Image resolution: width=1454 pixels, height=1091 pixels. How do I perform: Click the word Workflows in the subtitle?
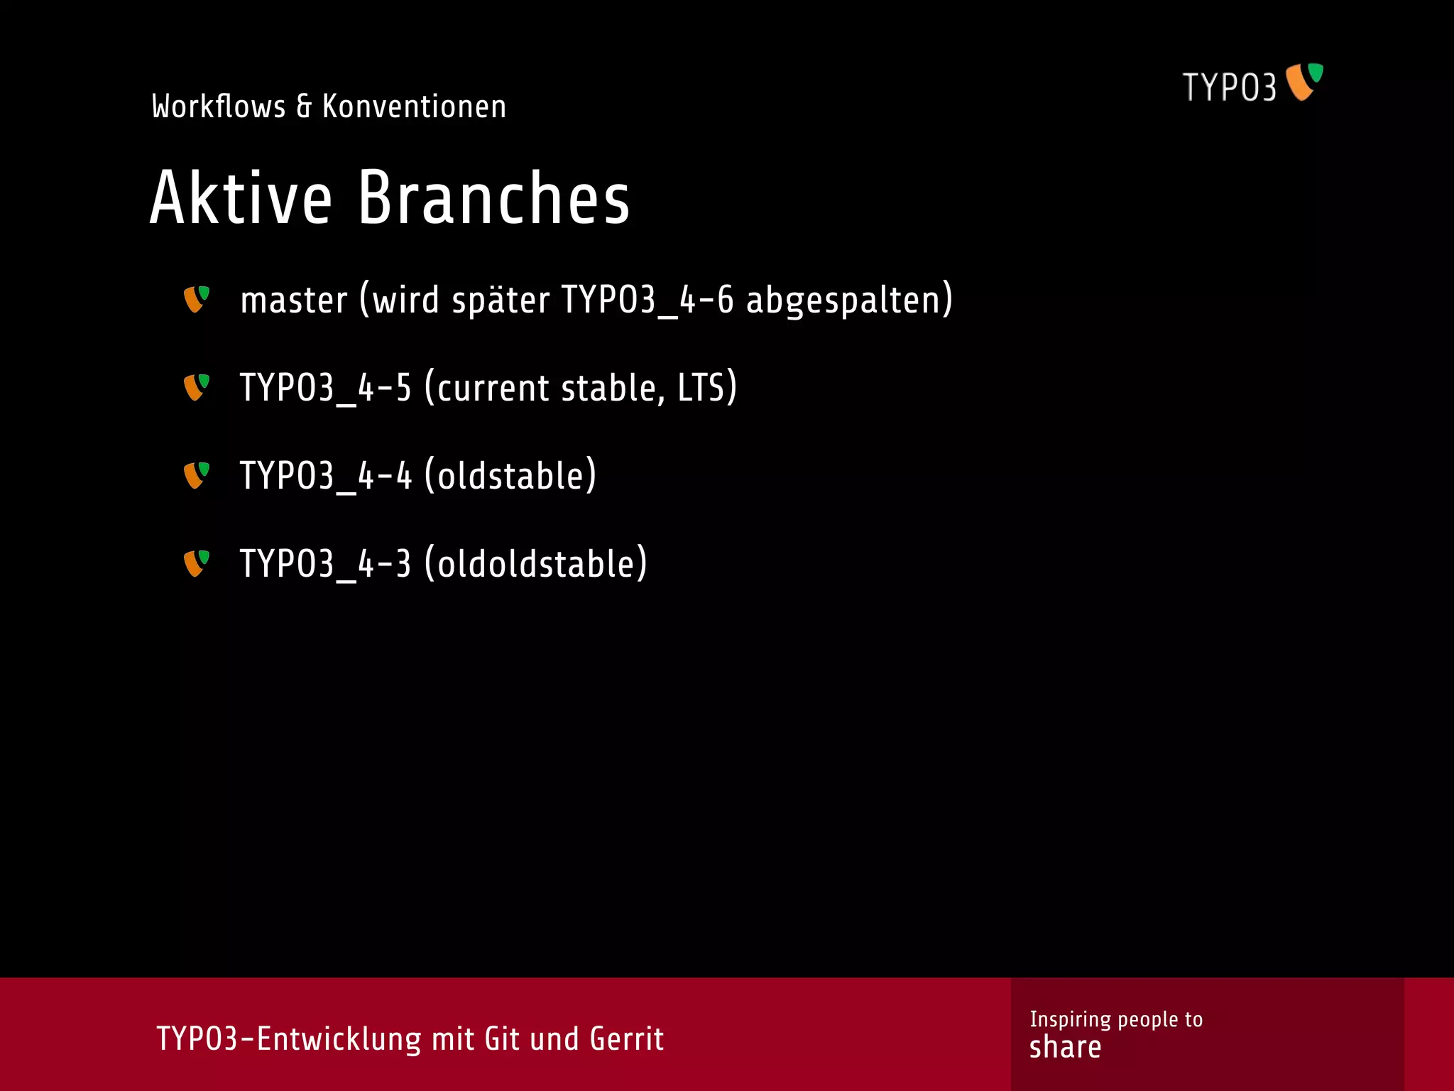click(x=219, y=107)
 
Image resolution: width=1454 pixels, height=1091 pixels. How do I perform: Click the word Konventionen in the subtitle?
click(x=414, y=107)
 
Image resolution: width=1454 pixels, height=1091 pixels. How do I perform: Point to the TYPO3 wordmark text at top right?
click(x=1229, y=87)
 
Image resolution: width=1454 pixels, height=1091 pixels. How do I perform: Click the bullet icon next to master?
click(x=197, y=299)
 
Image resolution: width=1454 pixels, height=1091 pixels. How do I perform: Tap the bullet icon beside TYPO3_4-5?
click(x=197, y=387)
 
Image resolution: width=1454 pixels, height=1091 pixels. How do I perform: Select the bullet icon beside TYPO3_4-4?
click(x=197, y=475)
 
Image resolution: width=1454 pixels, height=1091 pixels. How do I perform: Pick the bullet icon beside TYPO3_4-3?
click(x=197, y=563)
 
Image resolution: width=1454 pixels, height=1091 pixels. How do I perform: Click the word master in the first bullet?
click(x=294, y=300)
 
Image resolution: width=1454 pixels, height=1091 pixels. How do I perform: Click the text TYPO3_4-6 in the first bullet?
click(x=647, y=300)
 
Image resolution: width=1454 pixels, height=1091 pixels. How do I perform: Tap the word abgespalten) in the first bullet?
click(x=849, y=300)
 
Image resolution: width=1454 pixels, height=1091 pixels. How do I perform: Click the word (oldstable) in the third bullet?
click(x=510, y=476)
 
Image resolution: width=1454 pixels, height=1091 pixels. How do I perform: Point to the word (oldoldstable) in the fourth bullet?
click(x=536, y=564)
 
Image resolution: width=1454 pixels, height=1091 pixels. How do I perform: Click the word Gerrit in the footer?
click(x=626, y=1039)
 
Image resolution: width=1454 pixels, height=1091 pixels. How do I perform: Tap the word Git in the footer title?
click(x=502, y=1039)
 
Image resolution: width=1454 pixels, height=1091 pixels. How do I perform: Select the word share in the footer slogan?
click(x=1065, y=1048)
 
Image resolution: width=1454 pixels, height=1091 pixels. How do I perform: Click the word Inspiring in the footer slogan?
click(x=1070, y=1019)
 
